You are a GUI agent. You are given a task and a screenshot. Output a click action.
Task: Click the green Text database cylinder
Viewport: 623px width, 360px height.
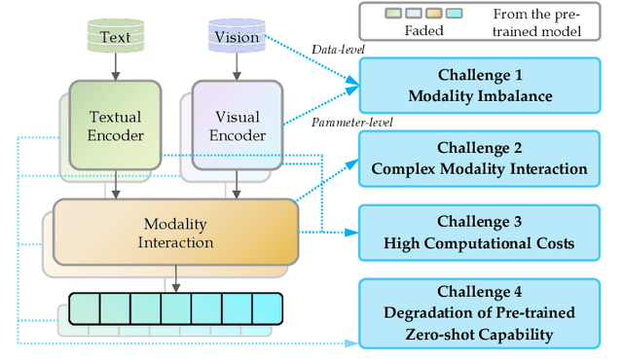[x=115, y=36]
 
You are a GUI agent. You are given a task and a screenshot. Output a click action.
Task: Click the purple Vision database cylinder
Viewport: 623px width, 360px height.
[x=236, y=36]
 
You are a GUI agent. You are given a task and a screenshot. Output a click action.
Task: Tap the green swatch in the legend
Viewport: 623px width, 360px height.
[x=393, y=15]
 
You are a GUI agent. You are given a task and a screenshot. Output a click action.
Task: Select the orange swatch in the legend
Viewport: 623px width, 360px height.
[x=434, y=15]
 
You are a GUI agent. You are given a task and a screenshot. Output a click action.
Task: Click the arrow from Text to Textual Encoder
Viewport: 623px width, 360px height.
[x=115, y=65]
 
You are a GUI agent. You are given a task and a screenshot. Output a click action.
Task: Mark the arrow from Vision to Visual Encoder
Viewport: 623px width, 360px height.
[x=236, y=65]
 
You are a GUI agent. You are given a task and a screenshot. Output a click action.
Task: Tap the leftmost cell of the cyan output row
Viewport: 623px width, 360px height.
[x=85, y=308]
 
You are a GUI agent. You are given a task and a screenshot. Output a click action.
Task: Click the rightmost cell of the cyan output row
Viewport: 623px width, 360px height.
[x=267, y=308]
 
